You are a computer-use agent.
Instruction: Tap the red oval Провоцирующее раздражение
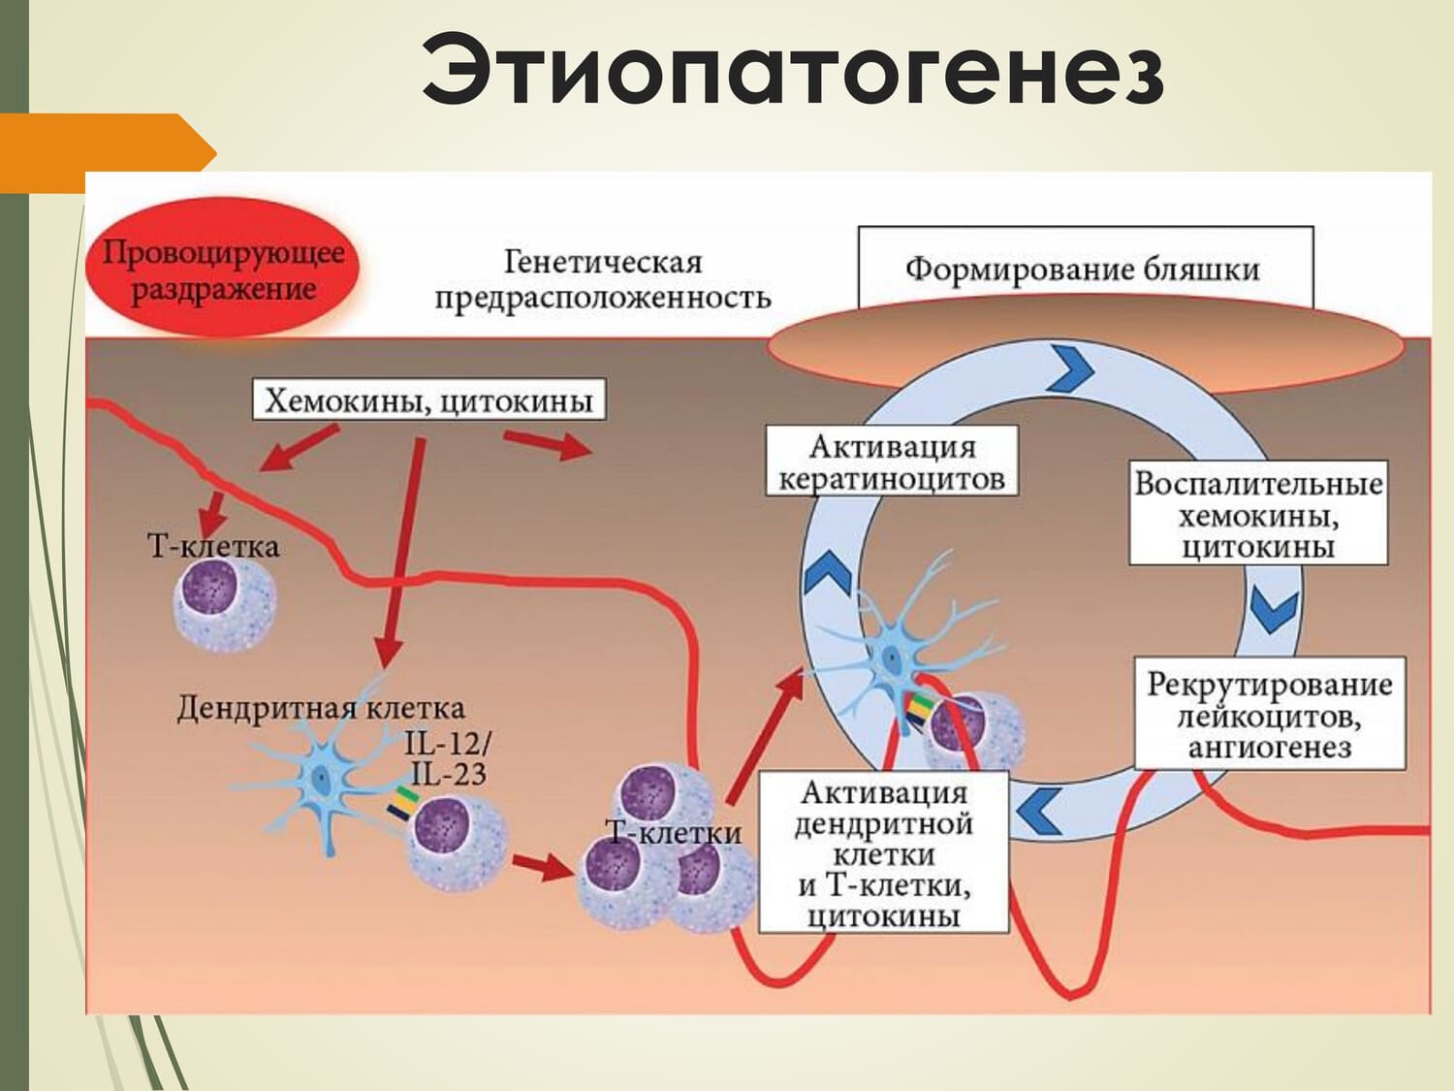coord(224,271)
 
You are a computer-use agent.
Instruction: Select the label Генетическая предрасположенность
coord(602,279)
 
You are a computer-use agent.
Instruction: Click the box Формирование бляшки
coord(1084,268)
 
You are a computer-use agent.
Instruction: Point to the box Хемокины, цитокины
coord(428,400)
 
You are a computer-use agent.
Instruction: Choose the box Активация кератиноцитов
coord(892,462)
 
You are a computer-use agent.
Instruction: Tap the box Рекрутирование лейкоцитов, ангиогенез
coord(1270,716)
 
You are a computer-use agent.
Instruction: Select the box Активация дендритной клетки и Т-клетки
coord(883,853)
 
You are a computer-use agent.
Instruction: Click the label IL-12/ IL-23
coord(447,758)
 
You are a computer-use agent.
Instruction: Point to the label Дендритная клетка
coord(320,708)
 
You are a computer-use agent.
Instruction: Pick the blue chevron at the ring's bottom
coord(1037,811)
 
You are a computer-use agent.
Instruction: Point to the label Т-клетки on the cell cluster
coord(674,832)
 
